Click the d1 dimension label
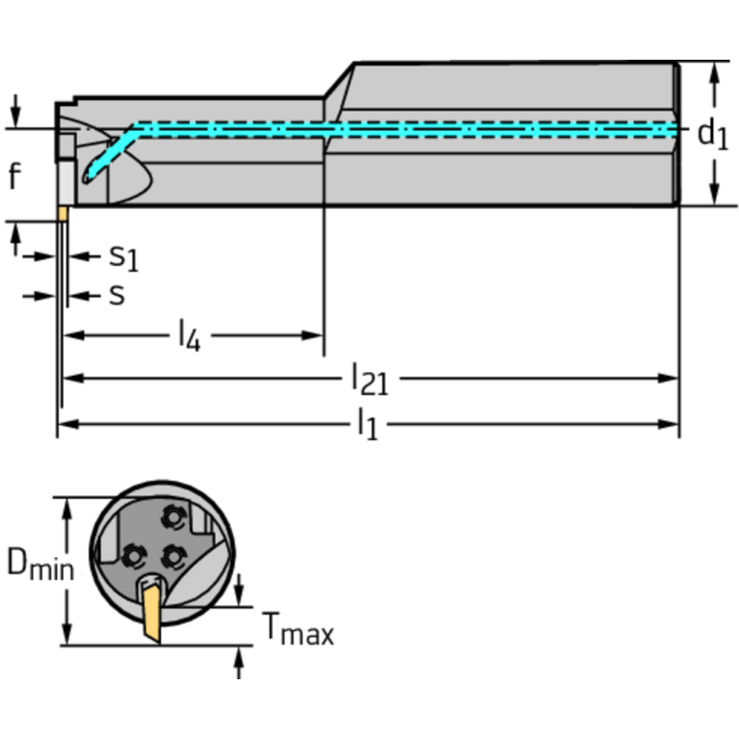point(712,134)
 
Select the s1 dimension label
point(122,256)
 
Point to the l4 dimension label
point(189,336)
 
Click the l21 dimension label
point(369,379)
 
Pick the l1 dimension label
point(366,424)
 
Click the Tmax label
point(298,631)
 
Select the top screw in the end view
point(172,518)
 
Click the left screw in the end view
point(132,554)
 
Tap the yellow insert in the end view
point(152,612)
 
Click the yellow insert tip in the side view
point(62,213)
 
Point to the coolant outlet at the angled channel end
point(88,177)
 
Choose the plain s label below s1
point(117,294)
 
